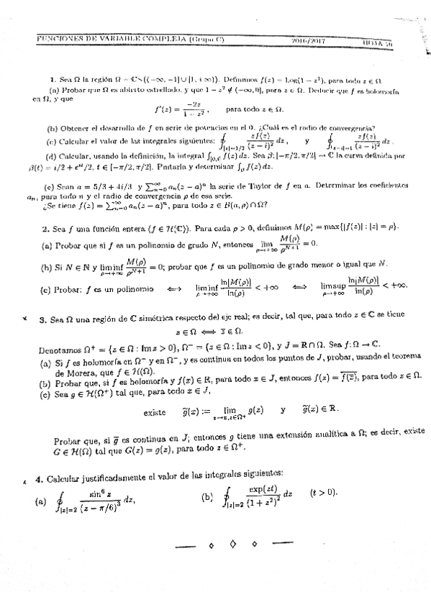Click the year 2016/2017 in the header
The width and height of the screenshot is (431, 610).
[x=291, y=42]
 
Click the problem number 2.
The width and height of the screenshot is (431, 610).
[x=44, y=228]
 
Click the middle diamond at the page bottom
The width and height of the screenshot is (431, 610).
[x=233, y=545]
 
